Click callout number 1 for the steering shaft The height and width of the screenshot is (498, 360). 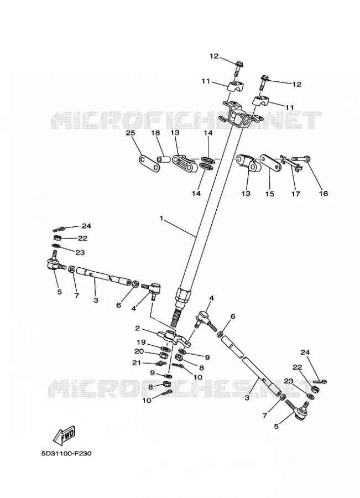point(161,219)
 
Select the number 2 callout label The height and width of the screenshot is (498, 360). point(138,328)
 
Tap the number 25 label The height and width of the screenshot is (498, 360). point(131,133)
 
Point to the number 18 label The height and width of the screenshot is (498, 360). point(155,133)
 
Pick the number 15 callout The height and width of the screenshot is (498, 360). point(269,194)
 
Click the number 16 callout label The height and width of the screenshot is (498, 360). point(323,194)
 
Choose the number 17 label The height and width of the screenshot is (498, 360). point(295,194)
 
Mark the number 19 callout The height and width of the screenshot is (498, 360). point(141,343)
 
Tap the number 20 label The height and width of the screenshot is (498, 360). point(139,351)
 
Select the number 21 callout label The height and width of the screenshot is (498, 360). point(137,362)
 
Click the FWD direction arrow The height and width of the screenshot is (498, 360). point(65,434)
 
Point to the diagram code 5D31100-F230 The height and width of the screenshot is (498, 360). point(66,454)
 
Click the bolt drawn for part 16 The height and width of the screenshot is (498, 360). point(301,158)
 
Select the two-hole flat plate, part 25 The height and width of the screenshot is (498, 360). point(149,162)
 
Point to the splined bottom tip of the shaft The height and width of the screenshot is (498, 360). point(175,319)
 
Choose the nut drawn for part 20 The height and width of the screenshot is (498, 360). point(163,355)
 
